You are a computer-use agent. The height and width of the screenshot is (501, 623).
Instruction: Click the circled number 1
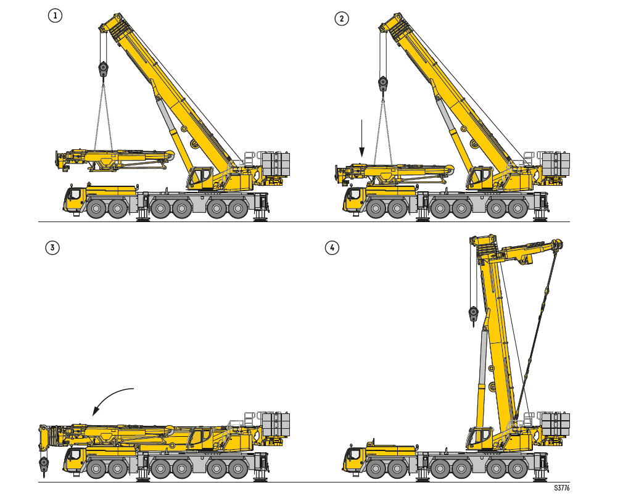coord(56,15)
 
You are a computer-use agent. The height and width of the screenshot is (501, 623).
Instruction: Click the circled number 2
coord(342,19)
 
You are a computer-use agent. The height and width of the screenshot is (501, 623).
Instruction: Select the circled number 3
coord(52,248)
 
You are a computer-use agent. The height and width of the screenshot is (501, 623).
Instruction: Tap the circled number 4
coord(332,248)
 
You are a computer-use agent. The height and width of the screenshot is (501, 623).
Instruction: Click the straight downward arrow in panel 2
coord(361,138)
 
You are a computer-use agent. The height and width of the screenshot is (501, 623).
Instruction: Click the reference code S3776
coord(562,488)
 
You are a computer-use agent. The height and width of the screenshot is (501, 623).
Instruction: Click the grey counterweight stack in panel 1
coord(276,164)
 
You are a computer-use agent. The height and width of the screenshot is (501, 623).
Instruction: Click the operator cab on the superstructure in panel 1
coord(200,177)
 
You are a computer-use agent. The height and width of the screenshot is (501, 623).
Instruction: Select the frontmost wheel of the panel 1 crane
coord(96,209)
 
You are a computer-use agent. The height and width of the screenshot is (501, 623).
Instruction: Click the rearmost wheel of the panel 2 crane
coord(518,209)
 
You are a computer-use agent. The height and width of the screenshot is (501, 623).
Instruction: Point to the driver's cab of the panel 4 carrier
coord(353,458)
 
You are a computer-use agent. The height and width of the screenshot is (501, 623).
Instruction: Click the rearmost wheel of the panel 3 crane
coord(238,469)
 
